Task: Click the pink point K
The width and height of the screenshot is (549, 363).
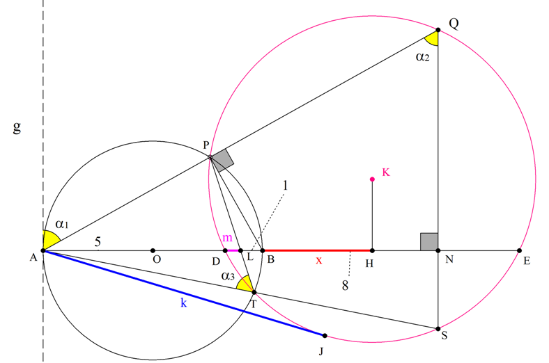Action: tap(372, 179)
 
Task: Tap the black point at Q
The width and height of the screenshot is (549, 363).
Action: tap(438, 30)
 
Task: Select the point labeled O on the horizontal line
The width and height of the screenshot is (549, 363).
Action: tap(153, 250)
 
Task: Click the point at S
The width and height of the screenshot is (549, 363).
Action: tap(438, 329)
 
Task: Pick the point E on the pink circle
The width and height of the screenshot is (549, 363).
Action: tap(519, 250)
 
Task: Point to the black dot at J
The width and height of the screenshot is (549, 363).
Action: tap(325, 336)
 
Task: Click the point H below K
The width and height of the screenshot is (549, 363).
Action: tap(372, 250)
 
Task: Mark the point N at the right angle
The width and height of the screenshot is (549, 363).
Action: tap(438, 250)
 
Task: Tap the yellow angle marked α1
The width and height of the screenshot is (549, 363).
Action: tap(49, 239)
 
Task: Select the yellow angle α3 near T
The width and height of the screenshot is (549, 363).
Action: tap(246, 284)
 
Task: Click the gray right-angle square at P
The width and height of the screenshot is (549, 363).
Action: tap(223, 161)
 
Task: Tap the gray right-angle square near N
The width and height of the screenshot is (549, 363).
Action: tap(429, 242)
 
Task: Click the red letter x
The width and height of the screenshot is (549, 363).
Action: tap(318, 260)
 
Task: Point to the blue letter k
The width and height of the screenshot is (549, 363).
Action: tap(183, 302)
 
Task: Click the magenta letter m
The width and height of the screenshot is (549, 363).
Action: tap(227, 238)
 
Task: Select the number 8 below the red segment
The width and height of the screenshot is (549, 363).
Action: tap(346, 285)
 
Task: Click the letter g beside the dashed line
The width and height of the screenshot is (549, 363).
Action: tap(17, 127)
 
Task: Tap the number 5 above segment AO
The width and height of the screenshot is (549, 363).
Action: tap(98, 241)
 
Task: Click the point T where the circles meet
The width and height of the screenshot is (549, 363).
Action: tap(254, 292)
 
